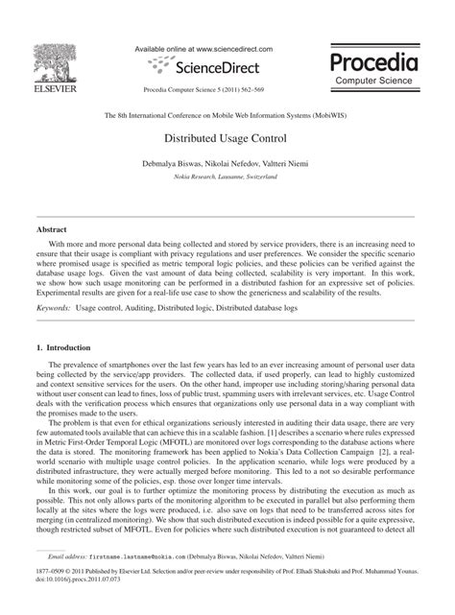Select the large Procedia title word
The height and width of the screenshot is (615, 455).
tap(374, 63)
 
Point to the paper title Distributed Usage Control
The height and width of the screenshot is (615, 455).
tap(227, 138)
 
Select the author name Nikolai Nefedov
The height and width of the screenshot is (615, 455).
tap(241, 165)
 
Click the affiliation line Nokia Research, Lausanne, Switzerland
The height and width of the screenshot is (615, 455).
tap(227, 178)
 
